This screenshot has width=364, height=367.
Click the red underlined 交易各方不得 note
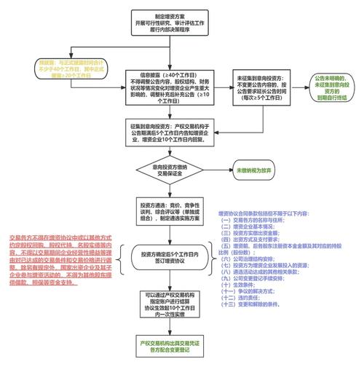tap(55, 259)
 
